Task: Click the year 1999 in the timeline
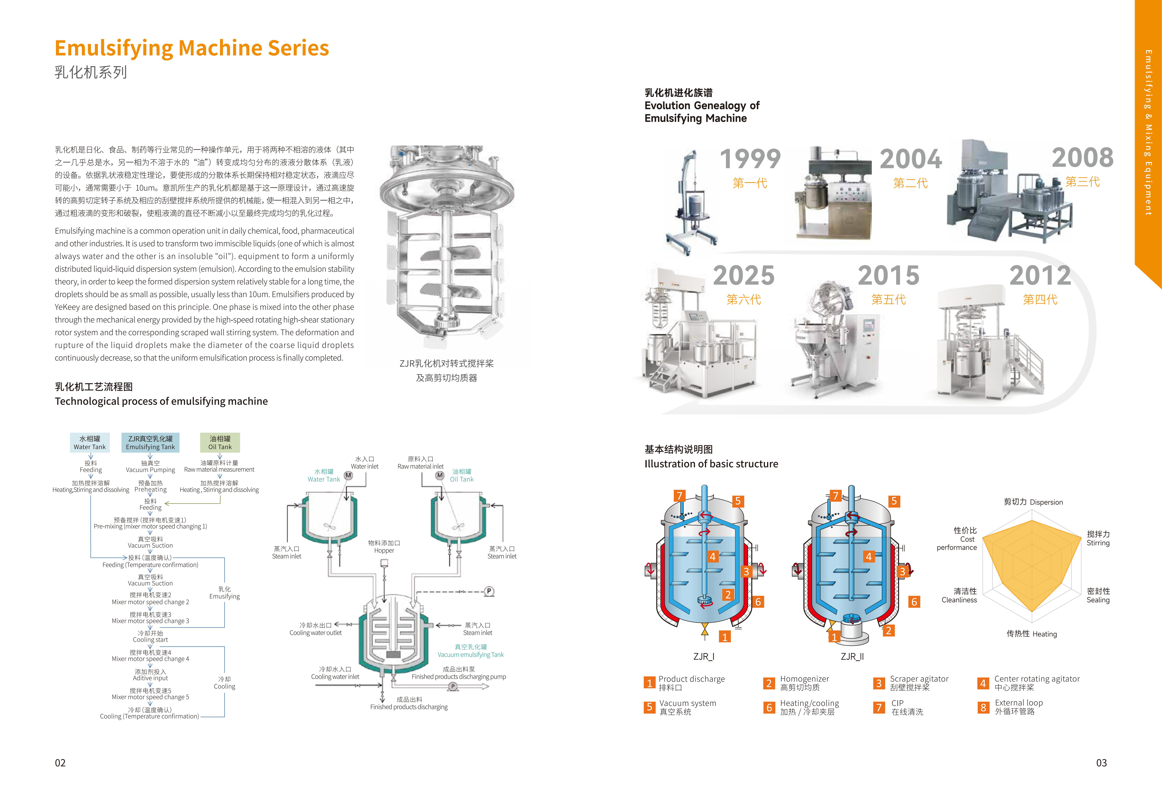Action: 750,159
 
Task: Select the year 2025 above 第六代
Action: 743,276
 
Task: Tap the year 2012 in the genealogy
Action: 1040,276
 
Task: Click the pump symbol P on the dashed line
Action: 489,591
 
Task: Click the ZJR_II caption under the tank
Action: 852,656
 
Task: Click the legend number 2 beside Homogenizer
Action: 769,683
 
